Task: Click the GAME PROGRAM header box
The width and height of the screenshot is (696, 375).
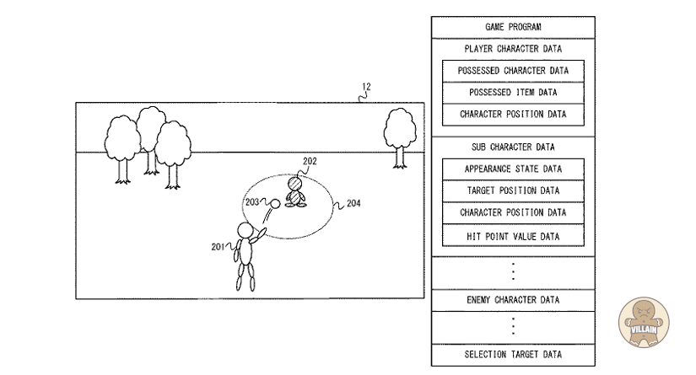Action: [x=512, y=27]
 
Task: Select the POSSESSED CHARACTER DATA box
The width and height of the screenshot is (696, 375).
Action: [x=513, y=71]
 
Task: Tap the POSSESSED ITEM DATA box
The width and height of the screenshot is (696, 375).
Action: [x=513, y=92]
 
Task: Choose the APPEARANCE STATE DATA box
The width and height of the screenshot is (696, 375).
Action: [x=513, y=169]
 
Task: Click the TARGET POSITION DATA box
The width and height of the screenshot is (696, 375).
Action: [x=513, y=190]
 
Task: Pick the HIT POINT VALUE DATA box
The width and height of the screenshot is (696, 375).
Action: [x=513, y=236]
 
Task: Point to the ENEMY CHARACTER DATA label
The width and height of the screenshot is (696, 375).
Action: [x=512, y=300]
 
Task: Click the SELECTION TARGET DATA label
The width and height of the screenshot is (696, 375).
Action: [x=512, y=354]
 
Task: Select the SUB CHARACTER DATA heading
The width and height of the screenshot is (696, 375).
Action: [x=512, y=147]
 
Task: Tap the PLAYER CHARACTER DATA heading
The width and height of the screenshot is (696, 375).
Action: [x=512, y=49]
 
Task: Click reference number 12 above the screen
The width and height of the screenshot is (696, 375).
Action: [x=365, y=87]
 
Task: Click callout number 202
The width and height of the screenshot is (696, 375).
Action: [x=310, y=160]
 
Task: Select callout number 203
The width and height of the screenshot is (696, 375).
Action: [x=252, y=202]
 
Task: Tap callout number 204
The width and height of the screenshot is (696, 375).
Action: [x=353, y=203]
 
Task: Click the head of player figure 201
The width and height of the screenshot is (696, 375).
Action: [x=245, y=231]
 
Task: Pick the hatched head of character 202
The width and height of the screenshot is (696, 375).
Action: [x=295, y=184]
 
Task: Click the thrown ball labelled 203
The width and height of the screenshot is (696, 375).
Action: [x=275, y=203]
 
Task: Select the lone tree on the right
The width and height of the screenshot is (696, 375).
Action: [x=400, y=135]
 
